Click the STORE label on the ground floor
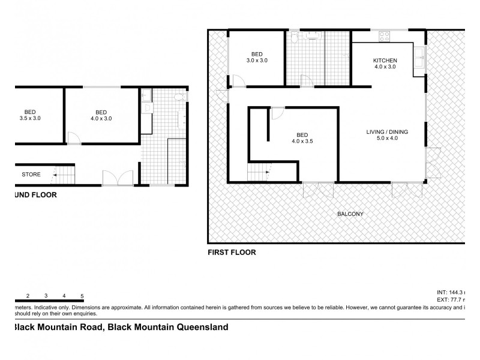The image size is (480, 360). [31, 175]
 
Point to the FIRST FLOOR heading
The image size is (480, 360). [231, 253]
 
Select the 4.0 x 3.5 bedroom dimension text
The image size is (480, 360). [303, 142]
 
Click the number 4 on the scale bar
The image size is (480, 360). [64, 296]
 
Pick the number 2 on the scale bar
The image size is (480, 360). [28, 296]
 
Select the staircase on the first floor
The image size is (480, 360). [259, 175]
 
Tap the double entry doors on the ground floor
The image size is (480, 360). [118, 178]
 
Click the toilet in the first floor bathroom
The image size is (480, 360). [294, 38]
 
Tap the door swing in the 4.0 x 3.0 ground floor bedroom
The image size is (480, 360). [73, 139]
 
